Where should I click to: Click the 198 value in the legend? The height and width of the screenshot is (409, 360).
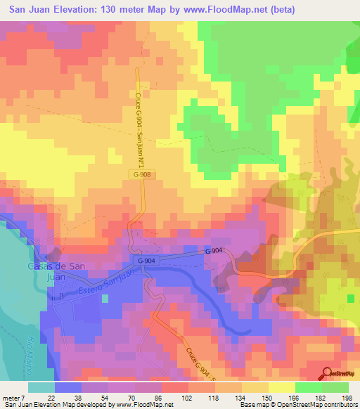point(345,397)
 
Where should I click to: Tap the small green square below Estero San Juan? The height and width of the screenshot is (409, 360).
point(105,299)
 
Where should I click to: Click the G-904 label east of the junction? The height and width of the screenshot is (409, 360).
point(214,251)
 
